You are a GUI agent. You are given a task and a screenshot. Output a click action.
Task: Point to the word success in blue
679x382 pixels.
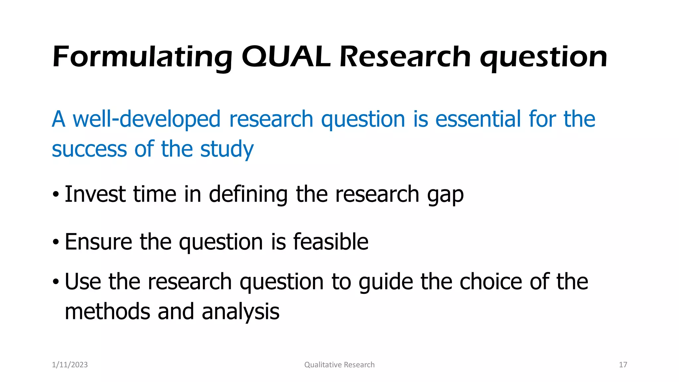coord(89,149)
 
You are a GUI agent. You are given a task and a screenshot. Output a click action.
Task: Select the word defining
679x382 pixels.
coord(248,194)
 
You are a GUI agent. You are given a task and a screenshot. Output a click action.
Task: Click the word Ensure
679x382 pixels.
coord(98,242)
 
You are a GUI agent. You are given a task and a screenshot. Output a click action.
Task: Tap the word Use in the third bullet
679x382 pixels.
coord(83,282)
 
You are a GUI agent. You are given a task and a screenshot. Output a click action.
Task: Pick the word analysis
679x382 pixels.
coord(240,312)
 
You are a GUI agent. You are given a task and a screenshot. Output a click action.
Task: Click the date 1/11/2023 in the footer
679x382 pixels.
coord(70,365)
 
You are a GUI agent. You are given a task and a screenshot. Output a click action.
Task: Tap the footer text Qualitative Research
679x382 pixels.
coord(339,365)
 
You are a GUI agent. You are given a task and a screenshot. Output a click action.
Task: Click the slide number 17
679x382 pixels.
coord(623,365)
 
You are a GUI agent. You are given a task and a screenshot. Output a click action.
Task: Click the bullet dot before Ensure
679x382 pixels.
coord(56,242)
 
